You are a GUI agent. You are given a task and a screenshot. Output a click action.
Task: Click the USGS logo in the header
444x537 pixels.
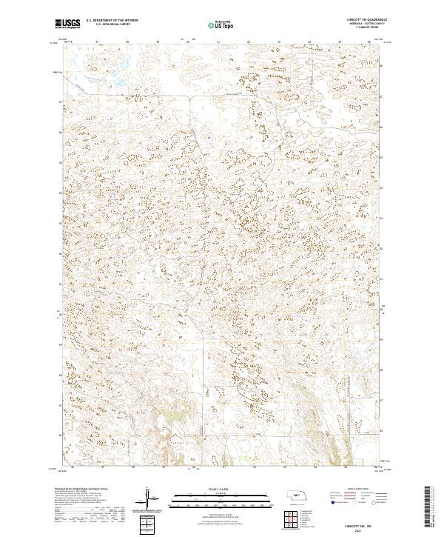pyautogui.click(x=67, y=24)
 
